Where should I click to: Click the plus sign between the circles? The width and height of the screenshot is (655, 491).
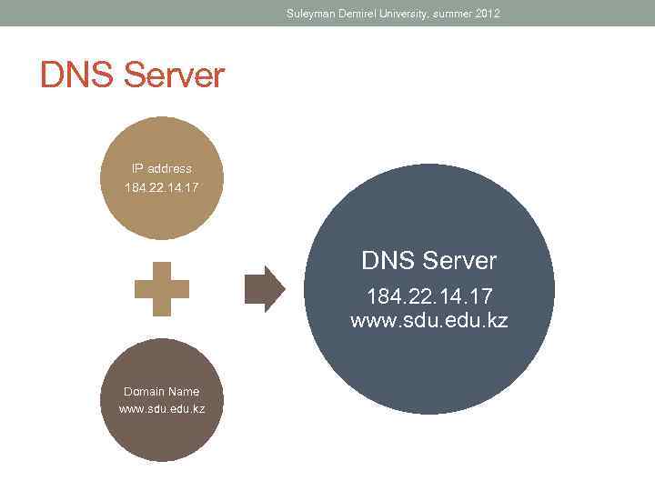162,289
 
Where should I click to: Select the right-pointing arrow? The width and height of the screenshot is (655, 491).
265,289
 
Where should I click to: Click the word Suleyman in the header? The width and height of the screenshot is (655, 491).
310,14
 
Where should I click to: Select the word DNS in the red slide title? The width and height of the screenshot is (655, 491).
77,75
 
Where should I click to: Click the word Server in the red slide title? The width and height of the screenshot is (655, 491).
173,75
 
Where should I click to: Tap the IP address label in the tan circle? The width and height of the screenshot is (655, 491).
161,168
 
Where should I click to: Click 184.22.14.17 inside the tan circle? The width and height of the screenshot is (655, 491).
161,187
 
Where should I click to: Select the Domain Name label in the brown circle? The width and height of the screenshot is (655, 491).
162,392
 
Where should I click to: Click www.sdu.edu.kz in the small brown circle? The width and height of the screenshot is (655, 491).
162,409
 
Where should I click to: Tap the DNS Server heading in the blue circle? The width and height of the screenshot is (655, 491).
429,261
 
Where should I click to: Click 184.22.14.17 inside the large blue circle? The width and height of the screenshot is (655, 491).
429,297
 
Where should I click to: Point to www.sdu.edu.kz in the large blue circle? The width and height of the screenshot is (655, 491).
429,320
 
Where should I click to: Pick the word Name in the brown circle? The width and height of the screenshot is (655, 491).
183,392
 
